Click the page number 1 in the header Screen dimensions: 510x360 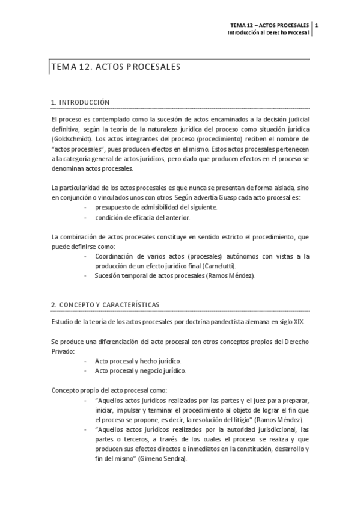coord(317,25)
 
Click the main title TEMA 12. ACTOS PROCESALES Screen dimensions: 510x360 coord(117,68)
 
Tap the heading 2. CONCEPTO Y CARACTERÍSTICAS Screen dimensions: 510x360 coord(106,304)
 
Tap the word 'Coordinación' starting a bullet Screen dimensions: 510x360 coord(115,256)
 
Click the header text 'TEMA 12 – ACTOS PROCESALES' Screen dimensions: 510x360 coord(270,25)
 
